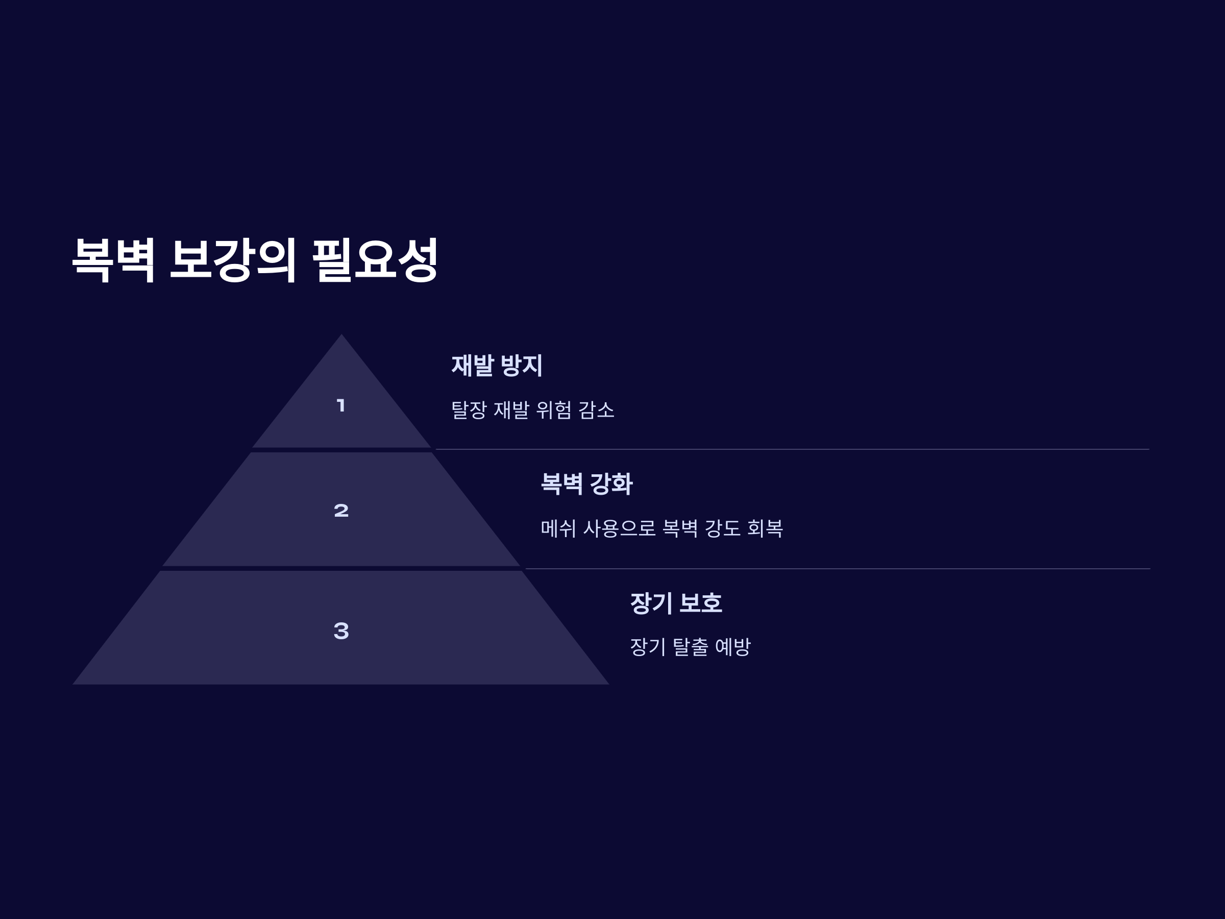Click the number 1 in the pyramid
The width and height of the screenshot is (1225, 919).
coord(341,405)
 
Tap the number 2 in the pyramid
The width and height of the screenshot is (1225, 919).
coord(341,510)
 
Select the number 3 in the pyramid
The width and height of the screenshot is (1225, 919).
coord(341,631)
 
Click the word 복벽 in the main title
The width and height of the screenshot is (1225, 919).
coord(113,260)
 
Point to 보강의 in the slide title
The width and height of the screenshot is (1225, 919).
coord(233,260)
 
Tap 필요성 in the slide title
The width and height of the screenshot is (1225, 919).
coord(376,260)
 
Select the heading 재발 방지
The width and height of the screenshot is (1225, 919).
coord(497,366)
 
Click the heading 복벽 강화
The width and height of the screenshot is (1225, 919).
coord(586,484)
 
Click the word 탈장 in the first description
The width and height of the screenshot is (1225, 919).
coord(469,410)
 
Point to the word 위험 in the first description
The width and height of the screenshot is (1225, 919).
coord(553,410)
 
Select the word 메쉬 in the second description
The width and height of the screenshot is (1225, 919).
coord(558,528)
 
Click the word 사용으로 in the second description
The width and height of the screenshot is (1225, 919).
coord(619,528)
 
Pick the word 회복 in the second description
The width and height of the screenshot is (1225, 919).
coord(765,528)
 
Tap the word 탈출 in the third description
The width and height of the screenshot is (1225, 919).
coord(690,647)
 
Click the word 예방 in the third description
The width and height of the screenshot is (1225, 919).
coord(732,647)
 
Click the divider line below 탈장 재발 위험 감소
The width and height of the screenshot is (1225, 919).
coord(792,449)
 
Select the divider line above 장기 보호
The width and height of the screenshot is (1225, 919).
coord(836,569)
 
